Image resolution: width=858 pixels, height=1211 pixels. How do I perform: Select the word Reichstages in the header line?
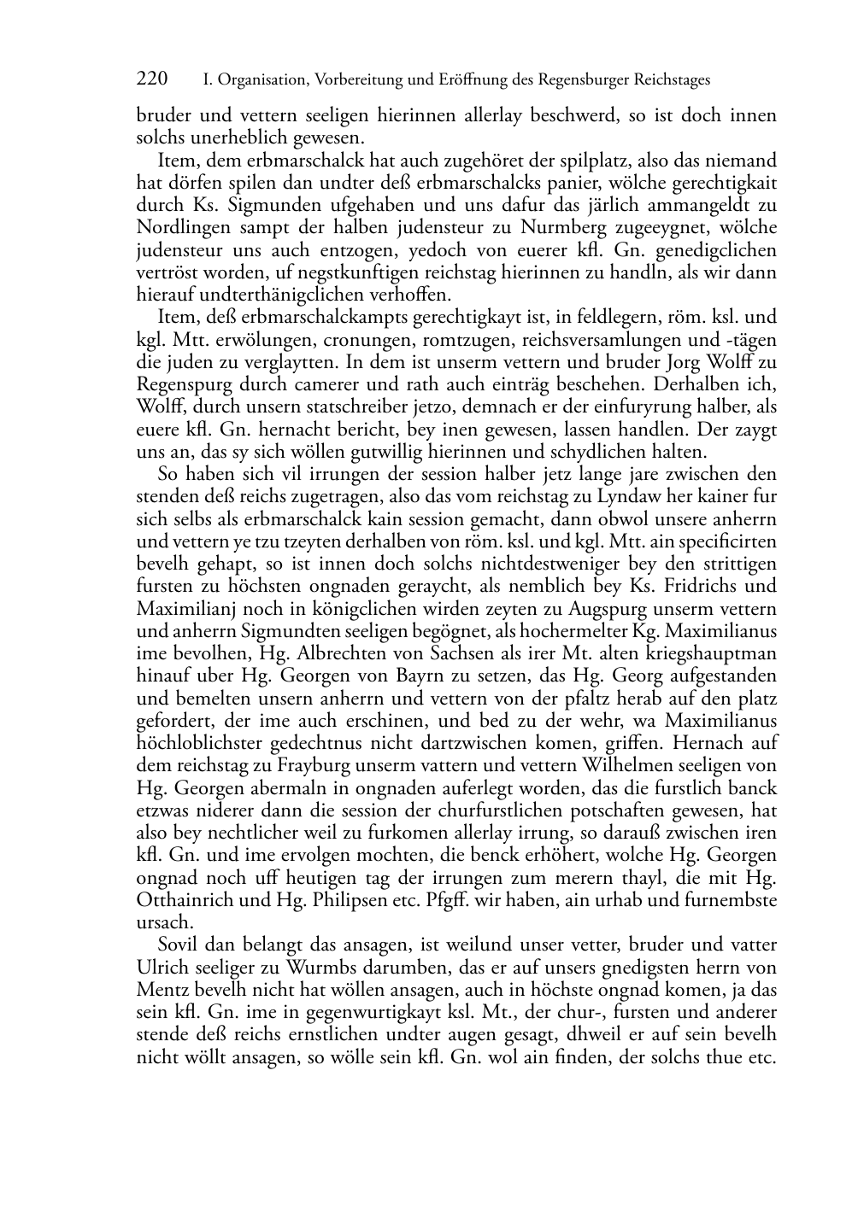click(672, 80)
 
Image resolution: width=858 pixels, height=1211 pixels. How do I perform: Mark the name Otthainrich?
click(186, 900)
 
